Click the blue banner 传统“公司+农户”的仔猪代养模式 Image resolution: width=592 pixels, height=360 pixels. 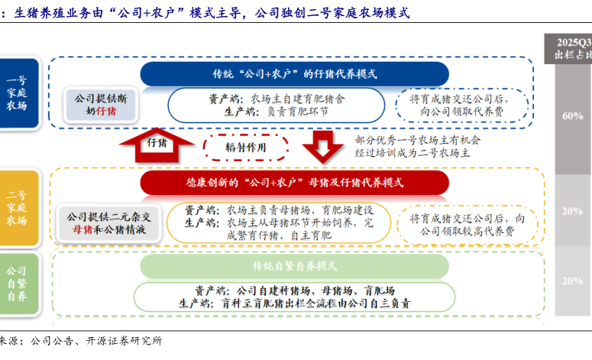(294, 73)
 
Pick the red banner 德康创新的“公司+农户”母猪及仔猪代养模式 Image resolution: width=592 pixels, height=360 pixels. (294, 183)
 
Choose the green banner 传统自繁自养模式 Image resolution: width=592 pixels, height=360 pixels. (294, 265)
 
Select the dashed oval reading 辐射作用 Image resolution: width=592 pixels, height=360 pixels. (246, 147)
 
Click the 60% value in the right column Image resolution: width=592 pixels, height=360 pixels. (572, 115)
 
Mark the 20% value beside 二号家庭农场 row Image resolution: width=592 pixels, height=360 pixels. (572, 211)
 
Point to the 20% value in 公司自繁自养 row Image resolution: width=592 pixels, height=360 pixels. (572, 281)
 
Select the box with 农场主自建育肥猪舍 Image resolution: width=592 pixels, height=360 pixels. (276, 105)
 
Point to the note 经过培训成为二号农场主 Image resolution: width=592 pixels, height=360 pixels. (417, 153)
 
